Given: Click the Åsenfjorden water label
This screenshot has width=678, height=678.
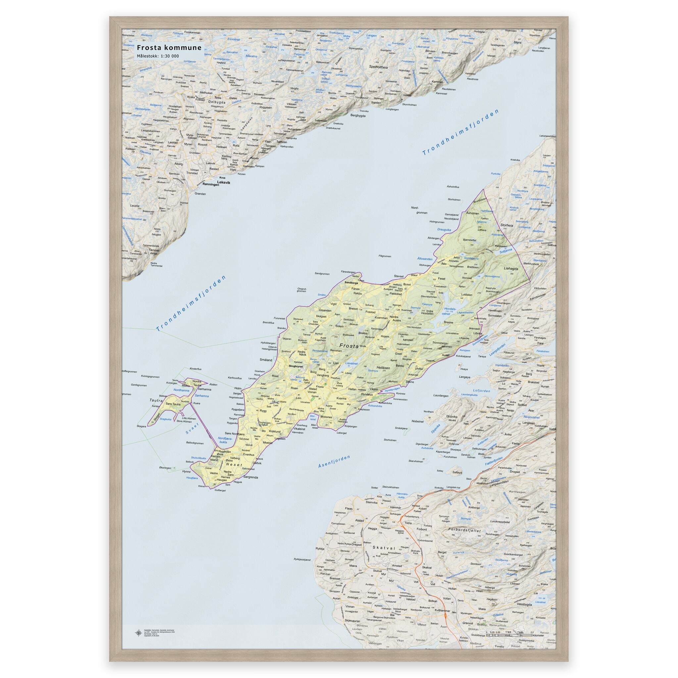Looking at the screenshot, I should tap(334, 461).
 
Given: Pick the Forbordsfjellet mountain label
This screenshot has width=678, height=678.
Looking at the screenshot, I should tap(464, 531).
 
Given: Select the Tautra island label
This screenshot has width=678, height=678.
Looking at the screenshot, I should tap(156, 400).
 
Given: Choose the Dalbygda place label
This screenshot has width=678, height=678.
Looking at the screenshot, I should tap(217, 102).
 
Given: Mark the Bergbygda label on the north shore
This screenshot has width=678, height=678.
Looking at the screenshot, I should tap(358, 116).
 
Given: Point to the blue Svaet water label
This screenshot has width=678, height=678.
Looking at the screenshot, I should tap(192, 429).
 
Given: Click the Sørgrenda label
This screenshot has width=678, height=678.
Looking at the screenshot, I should tap(251, 477).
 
